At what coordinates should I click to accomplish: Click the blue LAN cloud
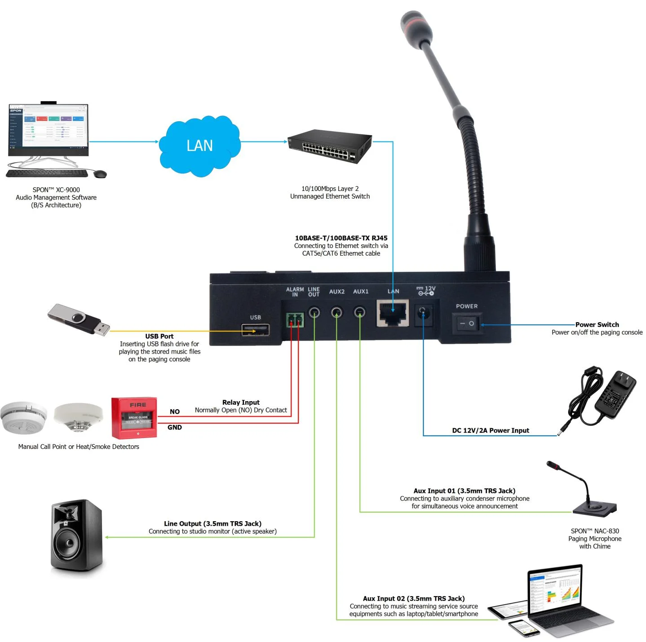click(200, 145)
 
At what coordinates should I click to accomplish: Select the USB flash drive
click(79, 319)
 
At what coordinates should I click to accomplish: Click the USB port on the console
click(256, 330)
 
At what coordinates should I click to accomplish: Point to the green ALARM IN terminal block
click(295, 320)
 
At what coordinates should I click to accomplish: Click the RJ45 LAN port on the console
click(393, 313)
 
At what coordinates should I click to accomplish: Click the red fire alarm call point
click(134, 417)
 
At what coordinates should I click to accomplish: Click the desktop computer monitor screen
click(49, 129)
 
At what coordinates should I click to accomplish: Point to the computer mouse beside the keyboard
click(100, 173)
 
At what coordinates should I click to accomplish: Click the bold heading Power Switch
click(597, 324)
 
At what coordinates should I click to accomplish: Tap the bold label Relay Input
click(241, 402)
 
